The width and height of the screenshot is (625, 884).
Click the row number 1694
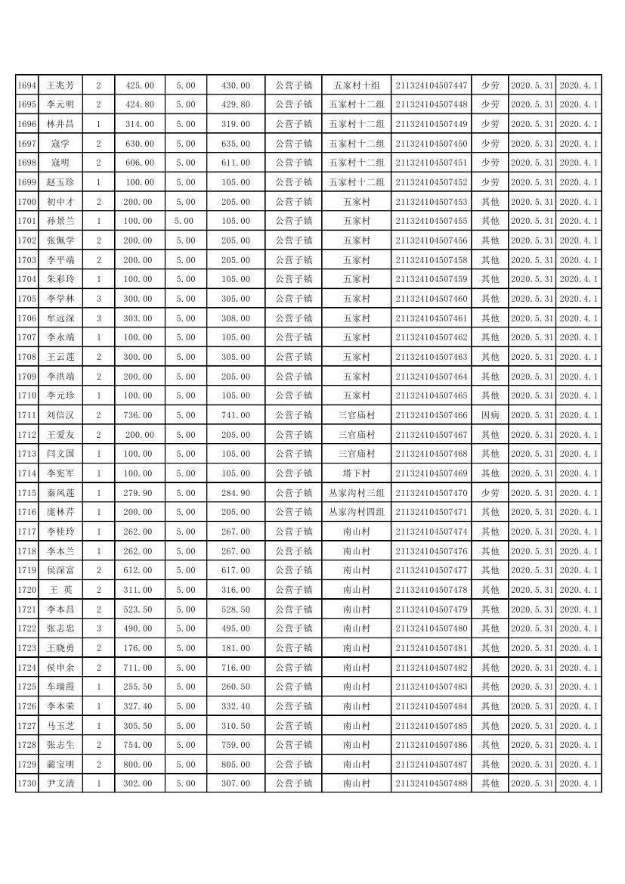point(26,85)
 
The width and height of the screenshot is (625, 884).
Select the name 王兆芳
point(60,85)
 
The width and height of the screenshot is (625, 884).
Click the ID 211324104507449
point(431,124)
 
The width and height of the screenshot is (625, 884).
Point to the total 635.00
point(235,144)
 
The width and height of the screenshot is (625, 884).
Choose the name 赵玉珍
point(60,182)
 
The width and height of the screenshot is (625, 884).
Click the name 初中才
point(60,202)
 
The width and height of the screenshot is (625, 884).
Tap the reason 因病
point(490,415)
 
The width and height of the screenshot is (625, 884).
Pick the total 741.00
point(235,415)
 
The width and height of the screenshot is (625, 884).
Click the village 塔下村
point(356,473)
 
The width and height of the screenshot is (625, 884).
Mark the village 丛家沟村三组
point(356,493)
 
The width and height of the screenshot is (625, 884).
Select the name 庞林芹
point(60,512)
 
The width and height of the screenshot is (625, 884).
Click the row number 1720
point(26,590)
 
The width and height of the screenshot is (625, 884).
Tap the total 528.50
point(235,609)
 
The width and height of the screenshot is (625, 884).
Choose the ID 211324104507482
point(431,668)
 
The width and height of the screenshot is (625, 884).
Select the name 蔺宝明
point(60,765)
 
